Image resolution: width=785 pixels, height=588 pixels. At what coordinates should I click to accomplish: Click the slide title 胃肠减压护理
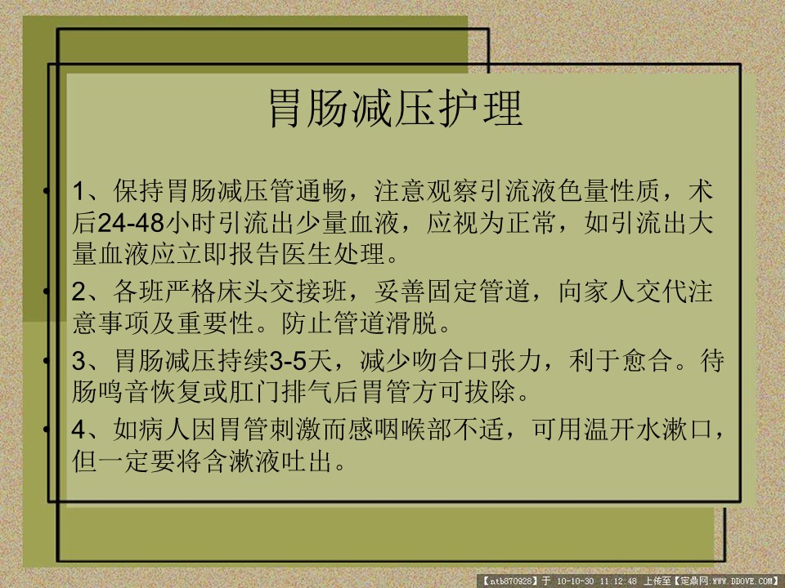pos(396,109)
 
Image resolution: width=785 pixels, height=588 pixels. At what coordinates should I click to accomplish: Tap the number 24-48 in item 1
pos(131,223)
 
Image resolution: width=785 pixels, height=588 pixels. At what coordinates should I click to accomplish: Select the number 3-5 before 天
pos(289,360)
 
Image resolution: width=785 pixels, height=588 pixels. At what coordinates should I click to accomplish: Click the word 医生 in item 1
pos(308,254)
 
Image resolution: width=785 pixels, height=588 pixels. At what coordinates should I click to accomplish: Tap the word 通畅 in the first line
pos(321,191)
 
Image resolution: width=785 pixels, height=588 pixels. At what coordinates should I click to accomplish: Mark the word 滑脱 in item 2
pos(412,323)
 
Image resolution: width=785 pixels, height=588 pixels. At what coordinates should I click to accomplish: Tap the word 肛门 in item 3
pos(256,391)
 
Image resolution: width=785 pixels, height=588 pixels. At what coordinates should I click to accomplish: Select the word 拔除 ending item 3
pos(491,391)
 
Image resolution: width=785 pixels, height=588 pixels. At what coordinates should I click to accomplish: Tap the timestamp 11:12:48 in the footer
pos(618,581)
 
